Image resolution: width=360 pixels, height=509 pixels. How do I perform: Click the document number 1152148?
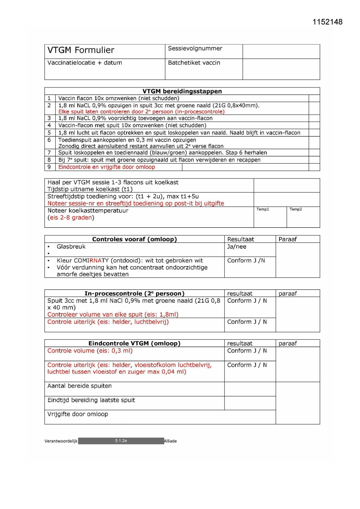point(327,22)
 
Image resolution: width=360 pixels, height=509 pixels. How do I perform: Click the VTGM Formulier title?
point(81,50)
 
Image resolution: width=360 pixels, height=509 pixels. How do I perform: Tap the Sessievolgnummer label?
point(195,48)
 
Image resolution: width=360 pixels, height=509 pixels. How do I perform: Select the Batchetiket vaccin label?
point(194,63)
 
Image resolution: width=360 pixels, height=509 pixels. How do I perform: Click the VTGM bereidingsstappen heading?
point(182,91)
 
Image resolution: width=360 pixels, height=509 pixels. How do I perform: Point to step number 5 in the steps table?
point(49,133)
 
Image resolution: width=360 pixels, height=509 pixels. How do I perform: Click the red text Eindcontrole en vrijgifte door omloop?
point(106,167)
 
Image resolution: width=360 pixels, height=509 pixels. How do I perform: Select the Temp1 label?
point(263,209)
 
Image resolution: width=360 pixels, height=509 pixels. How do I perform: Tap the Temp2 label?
point(295,209)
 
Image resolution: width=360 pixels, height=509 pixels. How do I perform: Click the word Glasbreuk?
point(71,246)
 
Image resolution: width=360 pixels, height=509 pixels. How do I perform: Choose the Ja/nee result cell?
point(236,247)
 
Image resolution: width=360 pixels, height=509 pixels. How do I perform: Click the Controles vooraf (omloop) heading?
point(134,239)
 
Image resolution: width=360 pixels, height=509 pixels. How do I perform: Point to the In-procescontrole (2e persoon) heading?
point(134,293)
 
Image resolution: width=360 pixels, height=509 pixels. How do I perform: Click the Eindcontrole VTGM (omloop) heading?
point(134,343)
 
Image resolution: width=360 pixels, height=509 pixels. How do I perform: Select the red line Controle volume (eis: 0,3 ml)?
point(90,351)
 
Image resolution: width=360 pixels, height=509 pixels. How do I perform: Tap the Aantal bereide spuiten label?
point(79,386)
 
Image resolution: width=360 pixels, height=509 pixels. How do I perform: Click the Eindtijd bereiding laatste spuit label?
point(91,400)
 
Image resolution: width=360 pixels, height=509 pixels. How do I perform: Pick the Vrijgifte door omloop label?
point(78,414)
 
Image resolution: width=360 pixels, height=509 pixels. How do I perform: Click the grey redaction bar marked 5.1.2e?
point(121,441)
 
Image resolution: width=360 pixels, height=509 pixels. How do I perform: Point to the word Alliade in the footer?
point(170,441)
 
